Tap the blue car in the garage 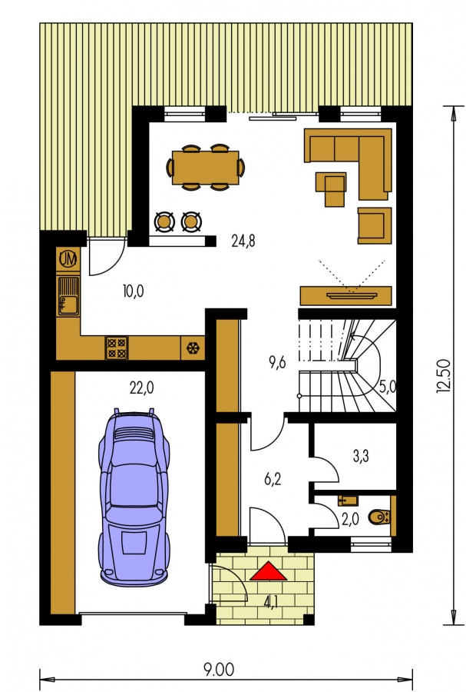pyautogui.click(x=134, y=497)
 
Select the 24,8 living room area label pyautogui.click(x=243, y=241)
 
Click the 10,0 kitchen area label pyautogui.click(x=134, y=291)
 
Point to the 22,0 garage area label pyautogui.click(x=142, y=388)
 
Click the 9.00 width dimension pyautogui.click(x=219, y=669)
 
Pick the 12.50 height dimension pyautogui.click(x=444, y=375)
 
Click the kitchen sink pyautogui.click(x=68, y=296)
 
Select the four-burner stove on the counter pyautogui.click(x=116, y=348)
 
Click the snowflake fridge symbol pyautogui.click(x=193, y=348)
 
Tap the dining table pyautogui.click(x=205, y=168)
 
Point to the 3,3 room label pyautogui.click(x=361, y=456)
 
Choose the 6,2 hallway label pyautogui.click(x=273, y=478)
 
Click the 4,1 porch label pyautogui.click(x=271, y=603)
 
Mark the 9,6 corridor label pyautogui.click(x=277, y=362)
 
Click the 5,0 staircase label pyautogui.click(x=388, y=387)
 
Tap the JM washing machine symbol pyautogui.click(x=68, y=258)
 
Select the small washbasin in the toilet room pyautogui.click(x=348, y=501)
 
